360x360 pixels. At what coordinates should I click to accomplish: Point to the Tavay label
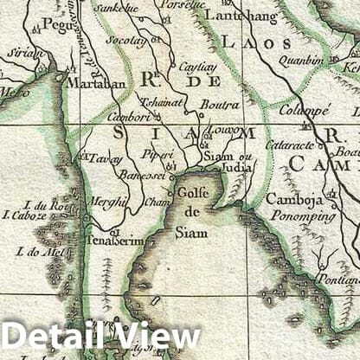tap(102, 157)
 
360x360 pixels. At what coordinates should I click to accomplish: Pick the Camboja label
tap(293, 198)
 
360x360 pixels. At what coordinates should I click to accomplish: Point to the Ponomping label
tap(300, 215)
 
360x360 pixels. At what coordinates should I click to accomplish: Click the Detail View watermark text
tap(102, 337)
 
